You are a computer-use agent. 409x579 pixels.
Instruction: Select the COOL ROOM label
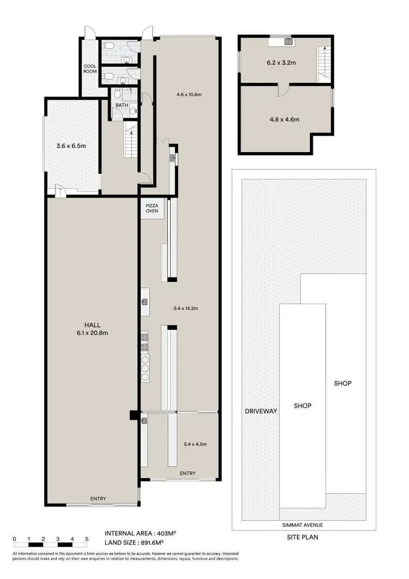[x=90, y=69]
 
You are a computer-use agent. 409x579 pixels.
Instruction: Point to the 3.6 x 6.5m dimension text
[x=71, y=146]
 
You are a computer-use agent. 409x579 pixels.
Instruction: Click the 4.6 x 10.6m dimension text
[x=189, y=94]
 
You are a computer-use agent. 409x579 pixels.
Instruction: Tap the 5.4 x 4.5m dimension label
[x=196, y=444]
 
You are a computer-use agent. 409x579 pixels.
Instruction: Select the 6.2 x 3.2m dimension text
[x=281, y=63]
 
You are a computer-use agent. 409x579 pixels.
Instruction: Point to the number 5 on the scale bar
[x=86, y=539]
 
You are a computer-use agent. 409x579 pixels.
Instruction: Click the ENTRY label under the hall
[x=99, y=499]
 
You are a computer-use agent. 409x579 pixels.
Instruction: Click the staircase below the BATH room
[x=131, y=140]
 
